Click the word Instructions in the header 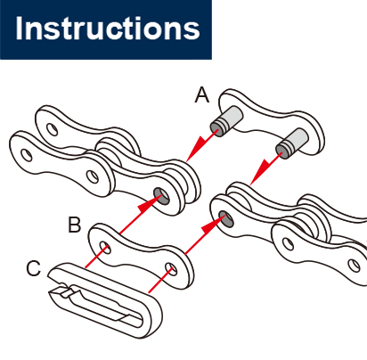[108, 29]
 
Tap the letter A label [202, 95]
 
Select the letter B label [74, 225]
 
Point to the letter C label [34, 268]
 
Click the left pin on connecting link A [226, 121]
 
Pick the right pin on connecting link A [292, 143]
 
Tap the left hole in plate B [105, 247]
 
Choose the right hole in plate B [171, 269]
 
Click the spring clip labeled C [104, 300]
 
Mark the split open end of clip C [60, 291]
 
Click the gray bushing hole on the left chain [161, 196]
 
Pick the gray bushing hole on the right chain [226, 219]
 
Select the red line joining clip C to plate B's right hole [159, 280]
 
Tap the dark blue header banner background [106, 51]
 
